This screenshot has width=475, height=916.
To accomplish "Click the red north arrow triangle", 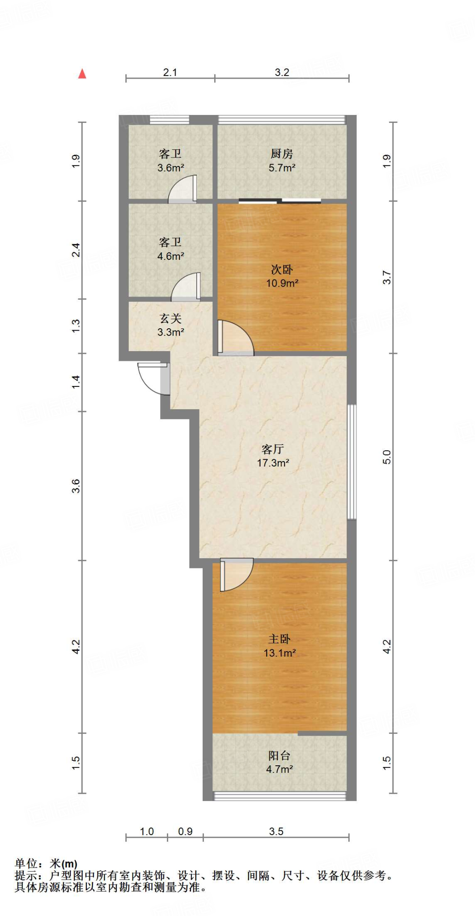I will tap(82, 74).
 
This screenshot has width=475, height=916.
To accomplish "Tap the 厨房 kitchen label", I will tap(282, 154).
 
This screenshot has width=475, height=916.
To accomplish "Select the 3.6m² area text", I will tap(170, 168).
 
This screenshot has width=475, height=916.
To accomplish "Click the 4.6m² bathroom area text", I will tap(170, 256).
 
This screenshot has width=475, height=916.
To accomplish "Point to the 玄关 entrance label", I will tap(170, 318).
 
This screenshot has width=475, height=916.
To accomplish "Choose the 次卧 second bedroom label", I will tap(282, 269).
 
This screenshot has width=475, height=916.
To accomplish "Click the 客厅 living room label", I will tap(273, 449).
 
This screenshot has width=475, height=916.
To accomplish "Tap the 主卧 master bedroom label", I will tap(280, 639).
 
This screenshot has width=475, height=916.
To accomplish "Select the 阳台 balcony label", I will tap(280, 755).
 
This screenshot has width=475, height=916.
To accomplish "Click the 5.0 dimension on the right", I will tap(387, 457).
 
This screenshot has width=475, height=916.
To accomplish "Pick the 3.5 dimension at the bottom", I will tap(276, 831).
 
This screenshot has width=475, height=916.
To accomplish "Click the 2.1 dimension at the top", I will tap(170, 72).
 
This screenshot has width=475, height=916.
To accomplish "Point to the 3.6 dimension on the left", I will tap(76, 486).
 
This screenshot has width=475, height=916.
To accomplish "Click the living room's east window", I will tap(352, 462).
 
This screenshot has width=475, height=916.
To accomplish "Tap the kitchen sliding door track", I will tap(280, 201).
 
